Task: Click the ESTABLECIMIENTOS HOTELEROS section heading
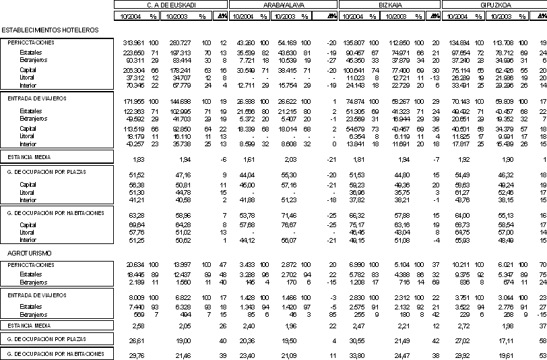pyautogui.click(x=51, y=30)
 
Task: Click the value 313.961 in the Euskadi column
pyautogui.click(x=135, y=42)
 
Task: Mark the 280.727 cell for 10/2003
pyautogui.click(x=181, y=42)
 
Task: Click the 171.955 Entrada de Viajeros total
pyautogui.click(x=135, y=101)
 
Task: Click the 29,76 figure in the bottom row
pyautogui.click(x=137, y=354)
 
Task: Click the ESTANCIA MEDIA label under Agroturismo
pyautogui.click(x=28, y=326)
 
